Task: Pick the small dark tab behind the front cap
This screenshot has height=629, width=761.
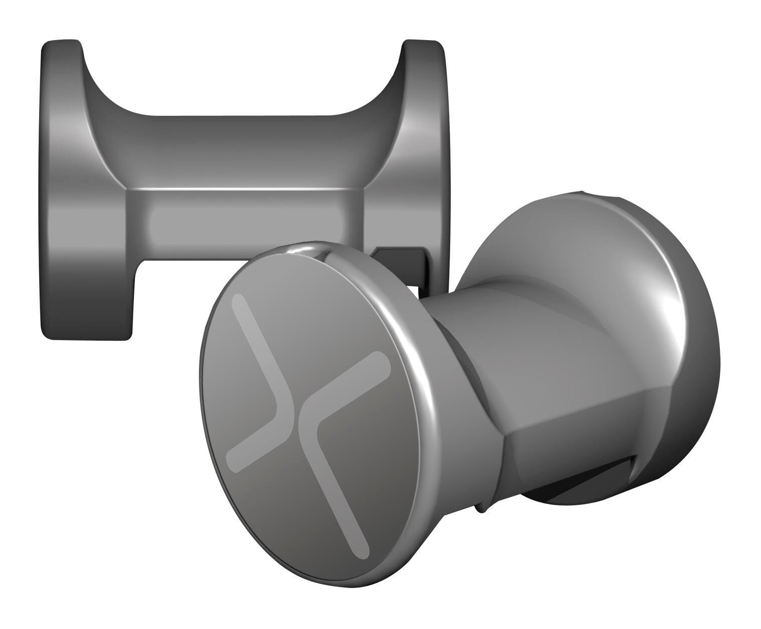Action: (x=401, y=261)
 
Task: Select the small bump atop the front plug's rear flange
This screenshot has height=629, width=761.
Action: (x=582, y=193)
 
